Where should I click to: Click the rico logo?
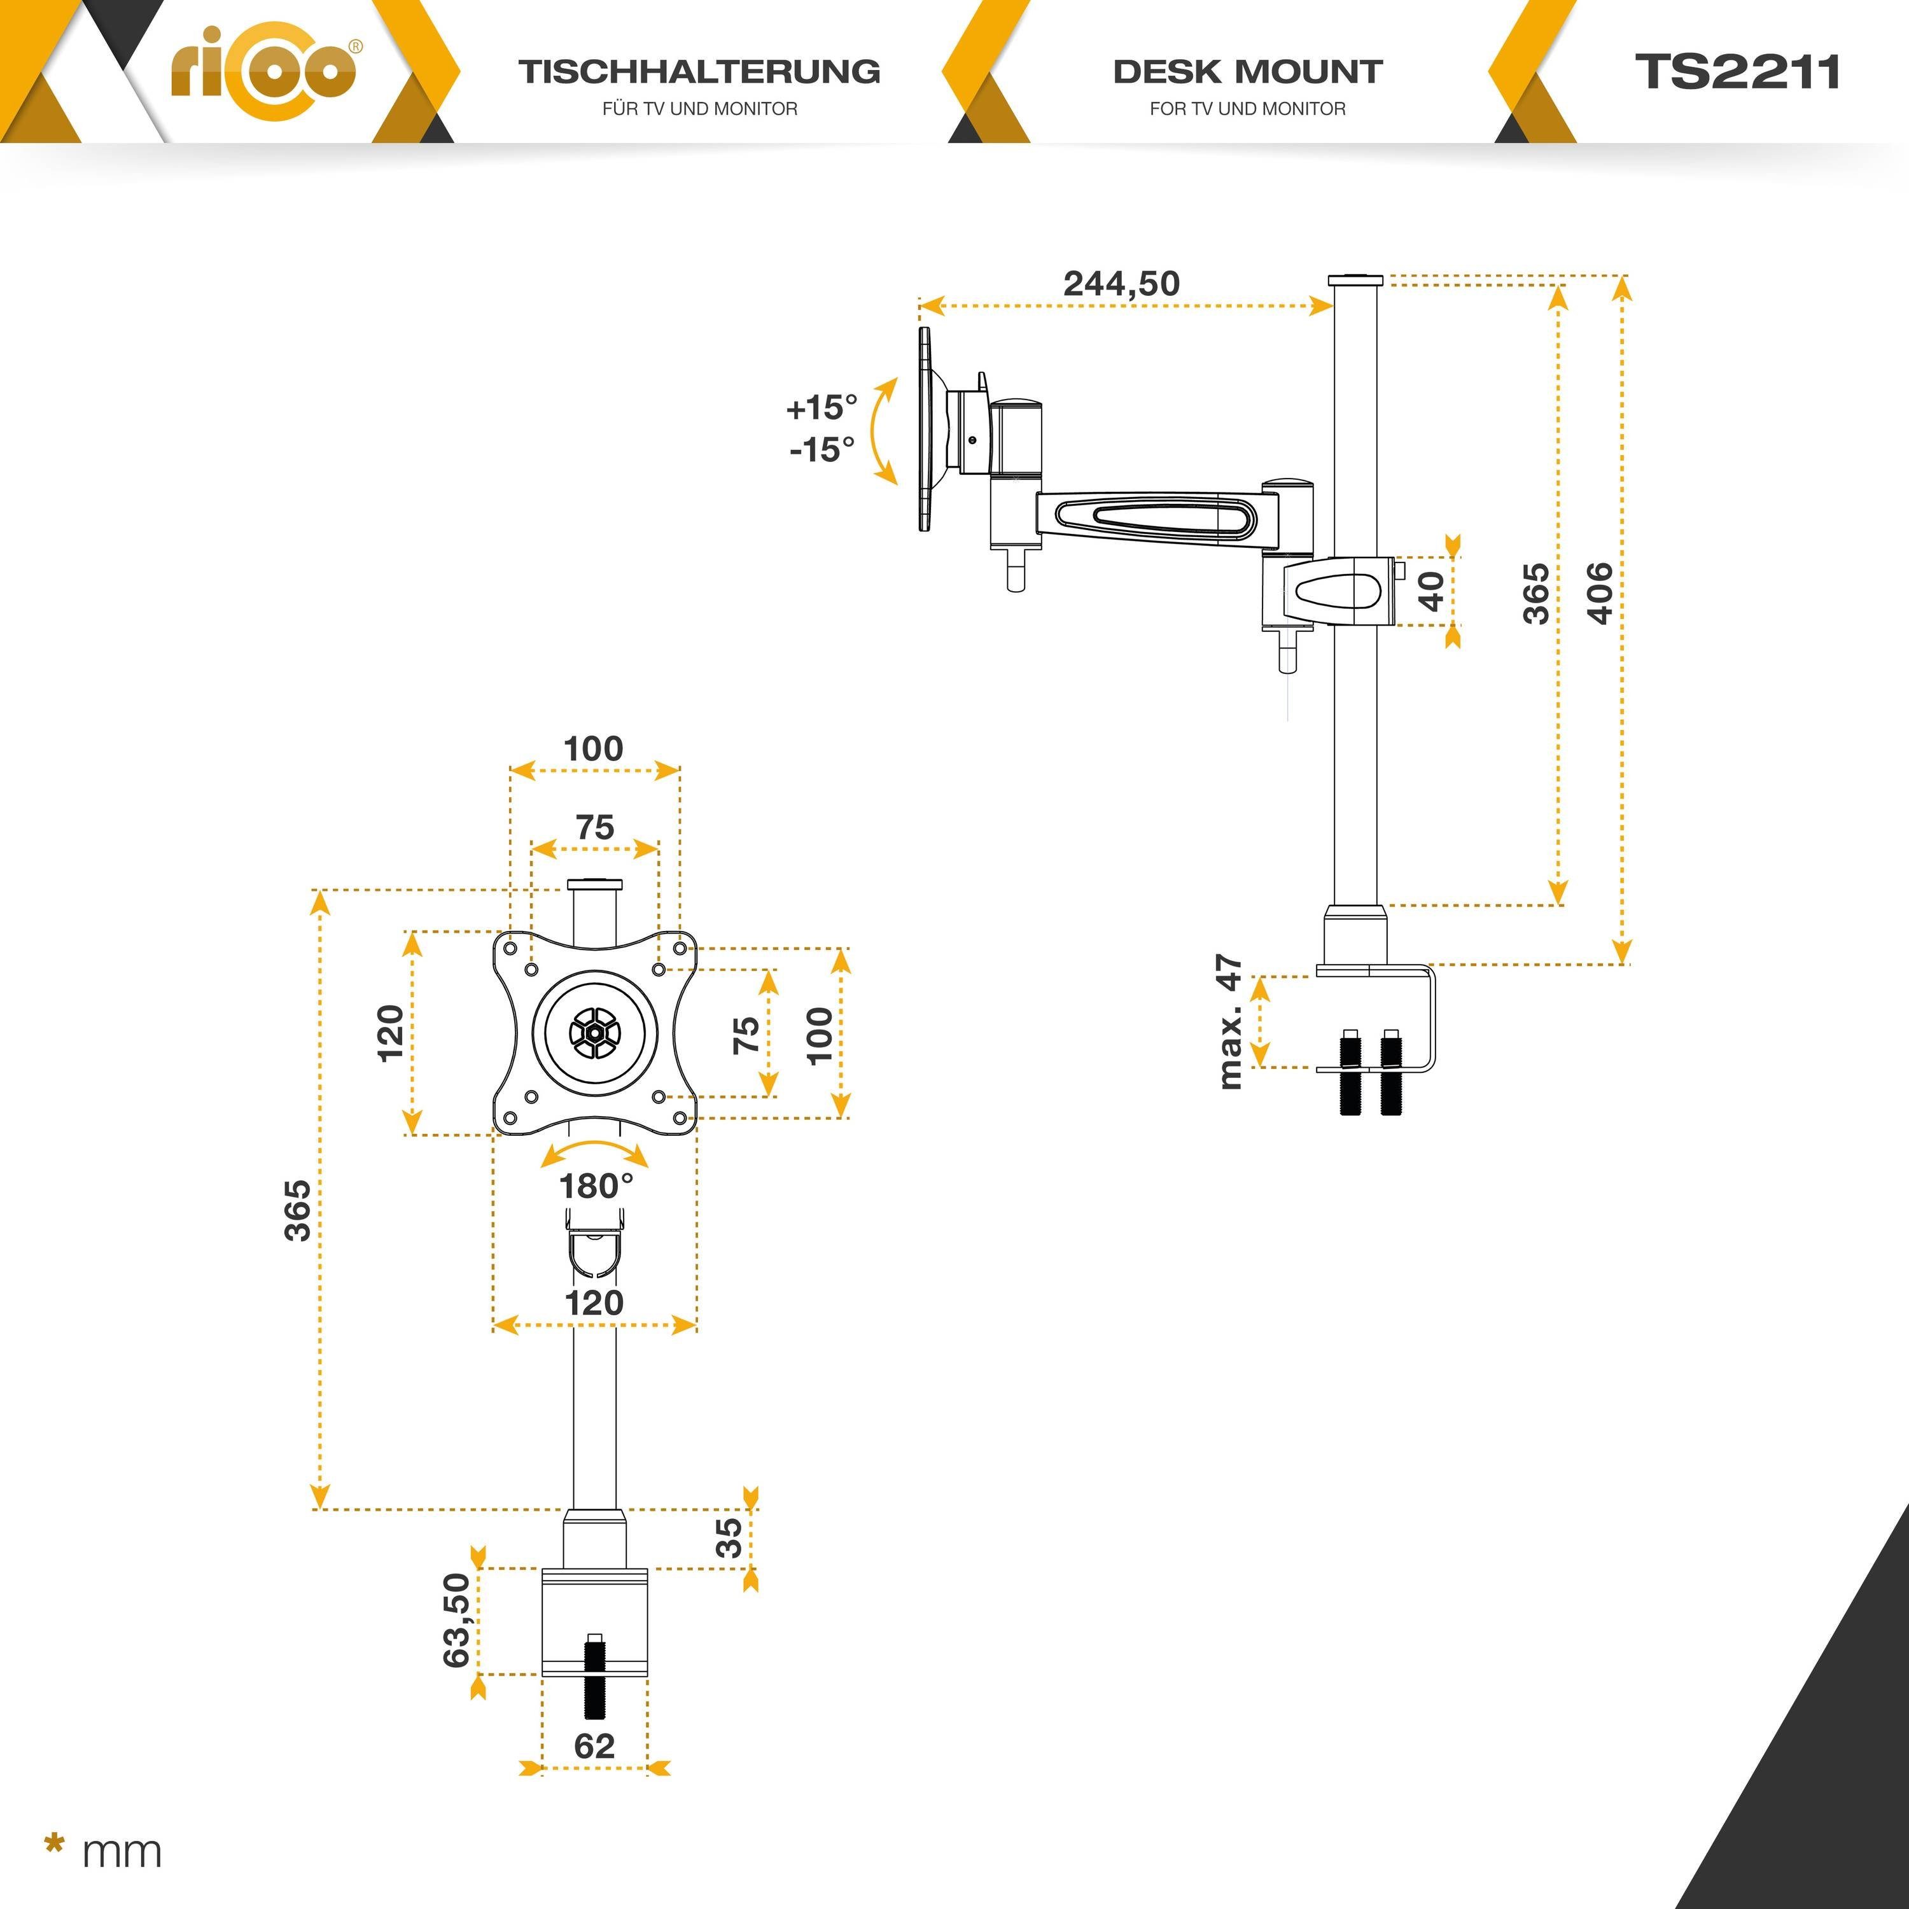pos(265,72)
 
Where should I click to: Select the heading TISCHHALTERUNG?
pos(699,72)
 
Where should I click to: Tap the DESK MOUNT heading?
pos(1247,72)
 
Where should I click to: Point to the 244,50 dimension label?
pos(1121,284)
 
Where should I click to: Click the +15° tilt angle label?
pos(821,407)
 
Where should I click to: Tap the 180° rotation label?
pos(596,1185)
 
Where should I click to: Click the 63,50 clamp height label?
pos(456,1621)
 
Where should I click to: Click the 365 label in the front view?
pos(297,1210)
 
